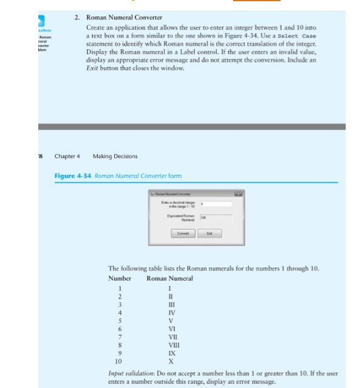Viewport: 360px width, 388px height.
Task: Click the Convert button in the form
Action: coord(183,233)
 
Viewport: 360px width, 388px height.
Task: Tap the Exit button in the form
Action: coord(210,233)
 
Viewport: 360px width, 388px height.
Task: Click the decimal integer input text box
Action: coord(216,204)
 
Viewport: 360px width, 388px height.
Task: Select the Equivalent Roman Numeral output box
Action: coord(216,217)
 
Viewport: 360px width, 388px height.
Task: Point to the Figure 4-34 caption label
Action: coord(73,175)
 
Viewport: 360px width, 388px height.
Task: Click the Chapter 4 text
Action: coord(67,156)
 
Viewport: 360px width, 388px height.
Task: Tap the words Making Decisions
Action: coord(115,156)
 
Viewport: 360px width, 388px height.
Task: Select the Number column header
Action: coord(120,278)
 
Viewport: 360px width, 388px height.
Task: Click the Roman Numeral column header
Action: coord(170,278)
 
